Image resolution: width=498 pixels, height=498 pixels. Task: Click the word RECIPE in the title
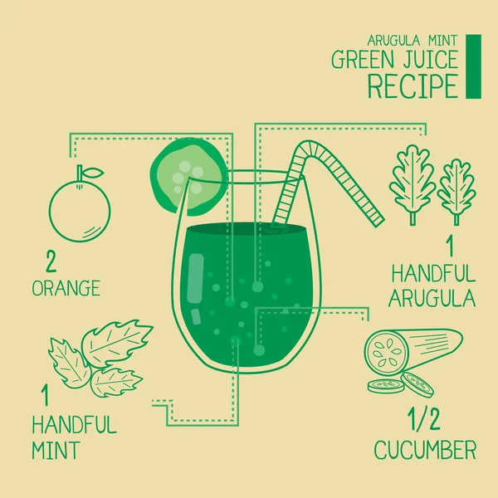[413, 86]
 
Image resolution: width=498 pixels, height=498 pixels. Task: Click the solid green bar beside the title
[473, 66]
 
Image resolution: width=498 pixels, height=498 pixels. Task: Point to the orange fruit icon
[80, 210]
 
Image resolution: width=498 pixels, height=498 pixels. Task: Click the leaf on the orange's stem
[94, 173]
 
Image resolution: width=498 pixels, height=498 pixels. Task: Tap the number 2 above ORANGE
[51, 261]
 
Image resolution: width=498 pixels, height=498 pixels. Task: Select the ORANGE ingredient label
[66, 288]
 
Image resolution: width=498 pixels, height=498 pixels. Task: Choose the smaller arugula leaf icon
[456, 192]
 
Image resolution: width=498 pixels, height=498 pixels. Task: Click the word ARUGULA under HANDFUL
[432, 298]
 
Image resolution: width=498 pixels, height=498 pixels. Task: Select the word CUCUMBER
[425, 449]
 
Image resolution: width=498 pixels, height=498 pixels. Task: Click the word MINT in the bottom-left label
[56, 450]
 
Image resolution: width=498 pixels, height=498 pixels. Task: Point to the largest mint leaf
[116, 342]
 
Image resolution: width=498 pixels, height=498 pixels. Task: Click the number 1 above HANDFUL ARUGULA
[450, 247]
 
